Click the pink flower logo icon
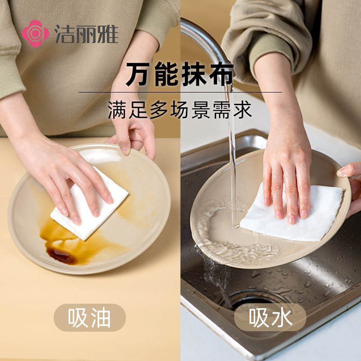coord(35,33)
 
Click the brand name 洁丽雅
coord(86,34)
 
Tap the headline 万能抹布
coord(180,74)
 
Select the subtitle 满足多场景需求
coord(180,110)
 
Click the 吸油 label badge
coord(90,318)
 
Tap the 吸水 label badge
coord(270,318)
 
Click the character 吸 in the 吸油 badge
coord(78,318)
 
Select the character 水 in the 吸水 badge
coord(282,318)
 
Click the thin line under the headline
coord(180,93)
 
